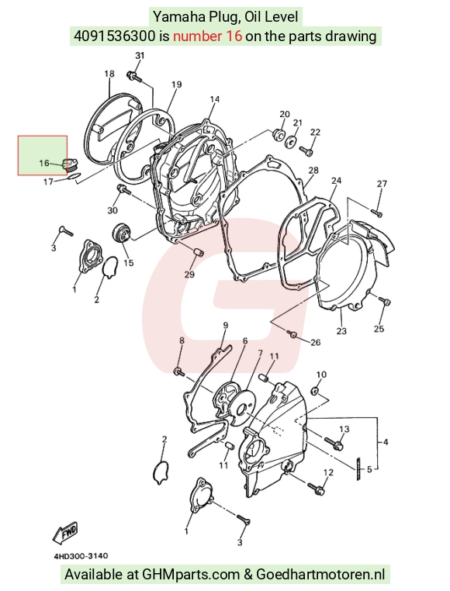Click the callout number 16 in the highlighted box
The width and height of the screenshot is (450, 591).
(x=44, y=163)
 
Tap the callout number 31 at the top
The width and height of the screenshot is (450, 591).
(x=140, y=55)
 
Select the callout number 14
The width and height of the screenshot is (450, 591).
(x=214, y=99)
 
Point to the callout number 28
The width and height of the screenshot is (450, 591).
(x=313, y=171)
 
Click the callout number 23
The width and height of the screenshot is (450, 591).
(x=341, y=331)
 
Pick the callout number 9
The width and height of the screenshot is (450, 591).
(x=226, y=325)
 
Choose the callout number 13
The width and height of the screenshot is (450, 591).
(x=344, y=429)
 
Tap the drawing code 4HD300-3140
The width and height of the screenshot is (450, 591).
(x=81, y=556)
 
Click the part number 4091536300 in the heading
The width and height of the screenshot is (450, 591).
(x=115, y=36)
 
